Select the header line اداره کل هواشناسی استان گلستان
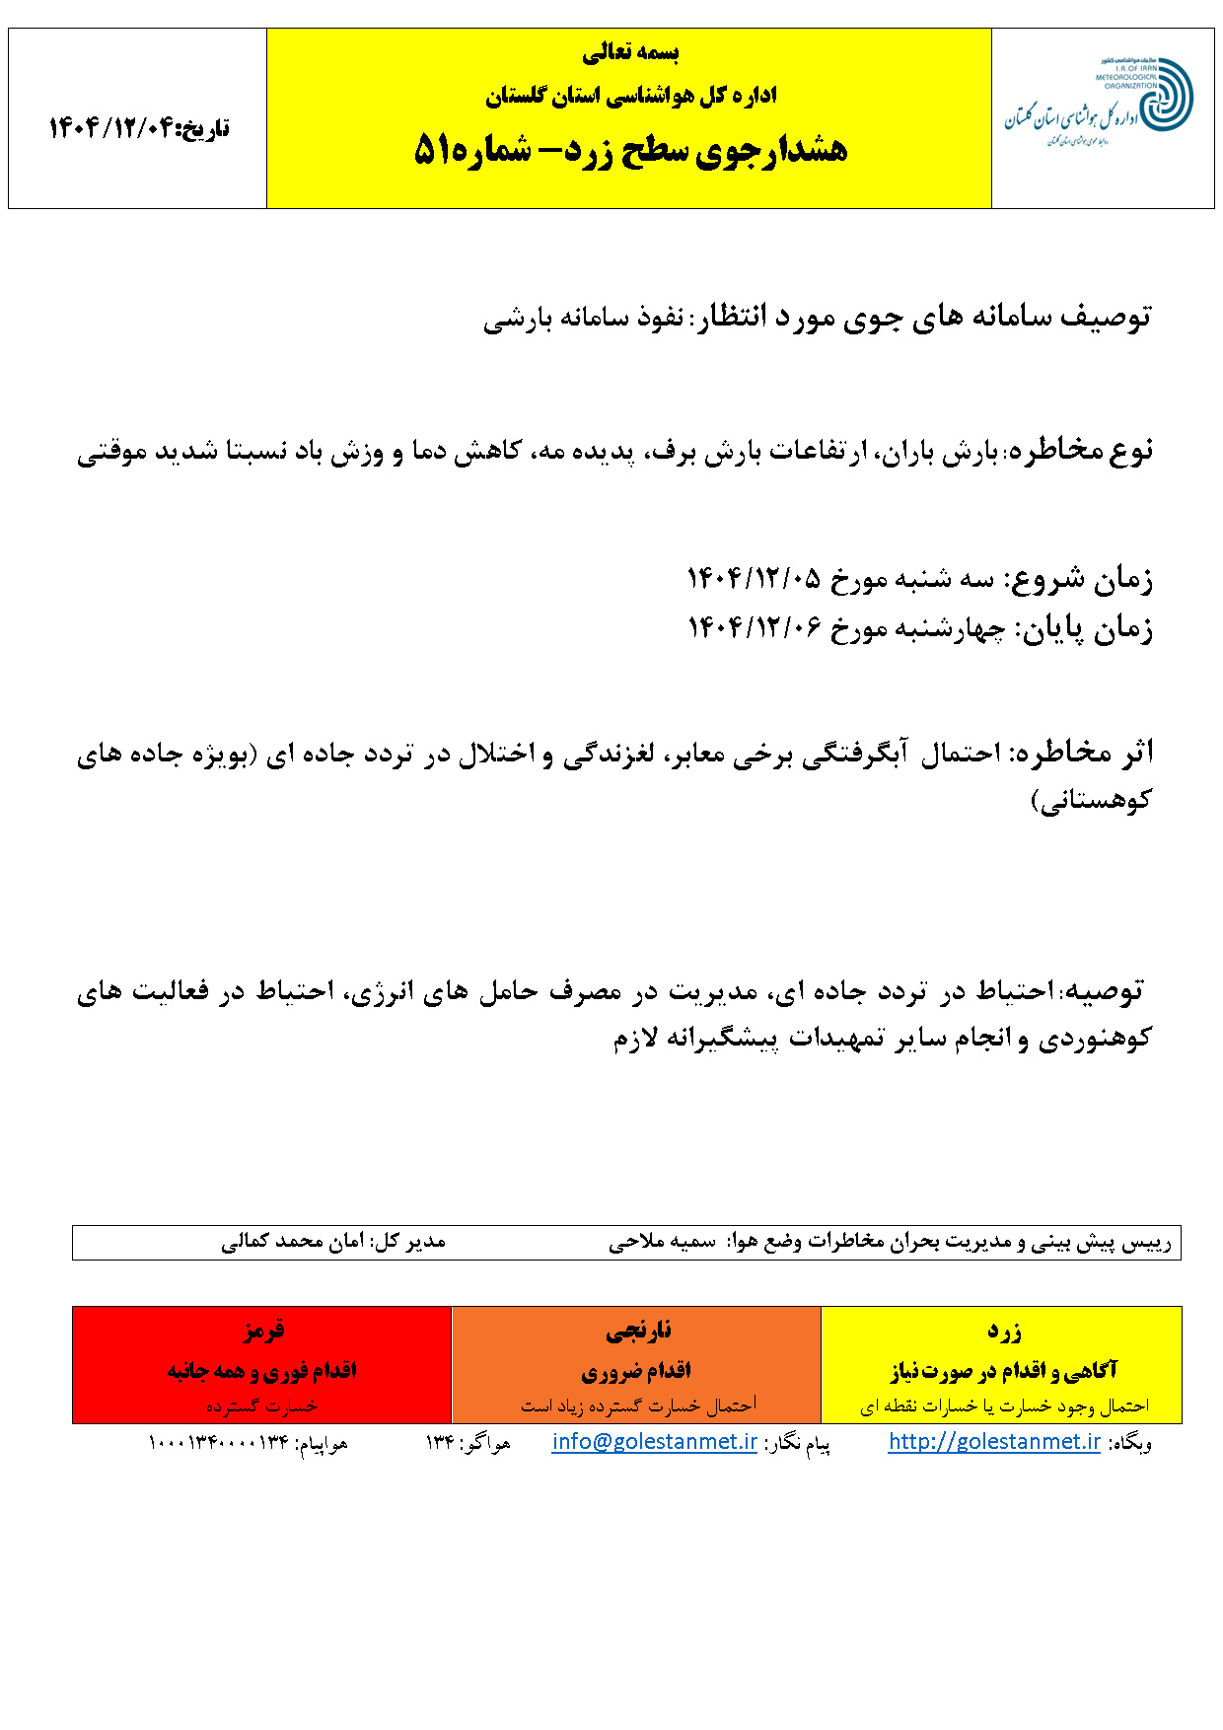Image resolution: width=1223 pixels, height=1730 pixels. click(x=630, y=96)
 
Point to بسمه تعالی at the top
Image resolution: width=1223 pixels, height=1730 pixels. click(x=630, y=53)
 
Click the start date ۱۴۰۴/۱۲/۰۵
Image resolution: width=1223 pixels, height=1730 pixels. click(x=754, y=578)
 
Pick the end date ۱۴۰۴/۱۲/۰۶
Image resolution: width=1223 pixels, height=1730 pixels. click(x=754, y=628)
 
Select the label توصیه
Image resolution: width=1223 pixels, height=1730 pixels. click(x=1104, y=990)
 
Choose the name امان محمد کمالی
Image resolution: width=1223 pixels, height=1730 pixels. click(x=293, y=1242)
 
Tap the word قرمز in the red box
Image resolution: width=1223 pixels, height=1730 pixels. click(x=262, y=1331)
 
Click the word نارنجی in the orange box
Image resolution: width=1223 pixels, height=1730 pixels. click(x=637, y=1332)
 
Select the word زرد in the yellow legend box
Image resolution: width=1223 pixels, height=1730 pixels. click(x=1003, y=1332)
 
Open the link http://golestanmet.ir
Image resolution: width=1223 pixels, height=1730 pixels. click(x=994, y=1442)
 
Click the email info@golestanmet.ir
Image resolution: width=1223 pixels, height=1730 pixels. click(x=655, y=1442)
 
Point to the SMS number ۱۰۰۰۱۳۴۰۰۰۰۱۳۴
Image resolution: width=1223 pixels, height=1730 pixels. click(x=218, y=1444)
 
